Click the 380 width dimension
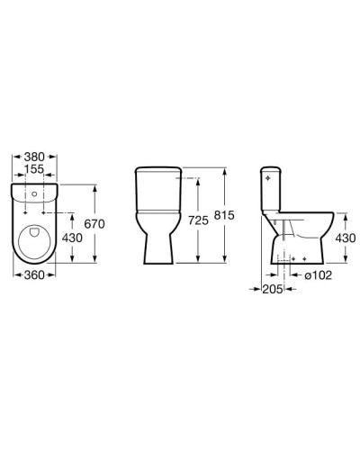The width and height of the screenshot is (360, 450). [33, 154]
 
